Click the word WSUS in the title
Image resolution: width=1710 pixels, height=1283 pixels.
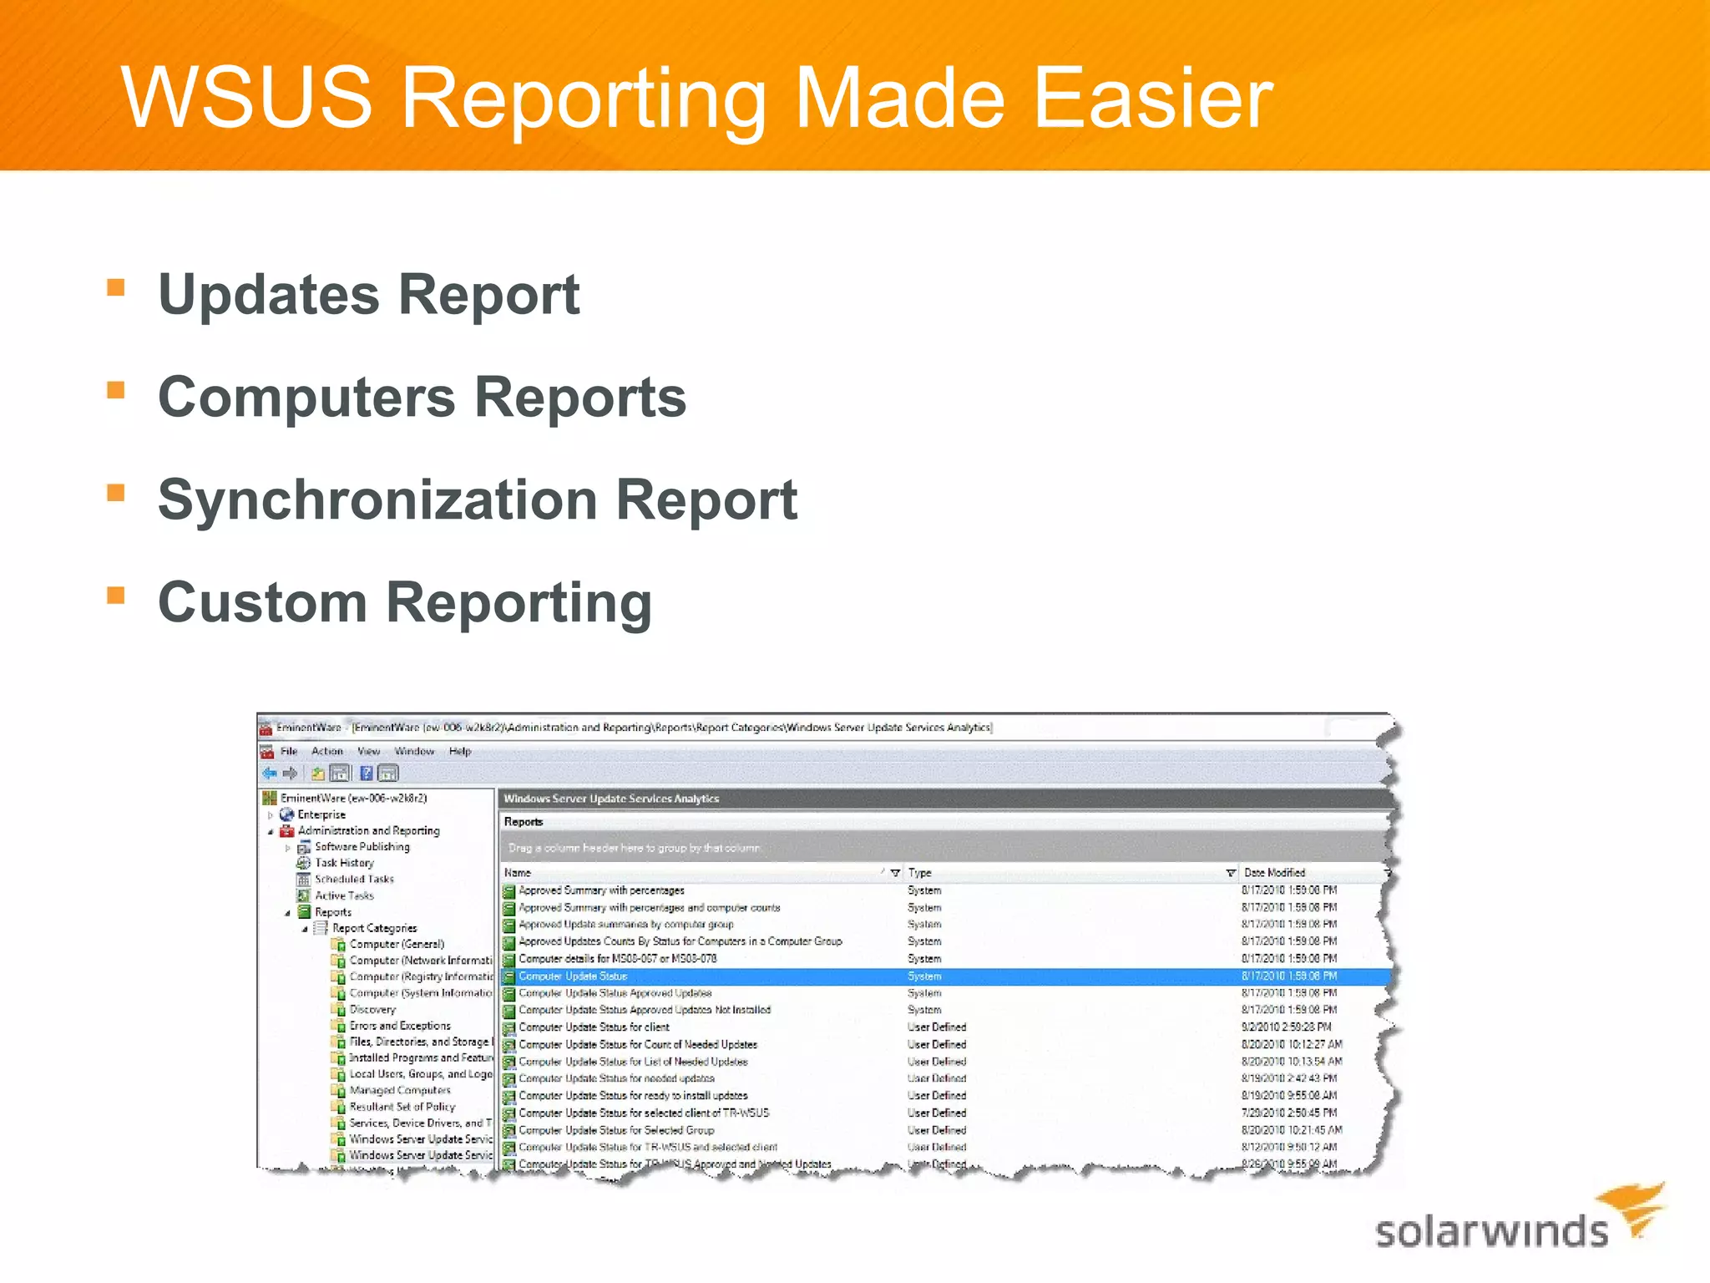coord(246,98)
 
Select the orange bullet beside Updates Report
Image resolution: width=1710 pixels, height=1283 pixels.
coord(116,288)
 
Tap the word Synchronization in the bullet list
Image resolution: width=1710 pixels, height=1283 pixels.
coord(377,500)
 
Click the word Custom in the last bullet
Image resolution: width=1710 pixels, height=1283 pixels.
coord(262,602)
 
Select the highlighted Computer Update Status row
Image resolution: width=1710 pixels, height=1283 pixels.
coord(573,976)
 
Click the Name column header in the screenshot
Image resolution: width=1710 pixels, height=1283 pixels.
coord(518,873)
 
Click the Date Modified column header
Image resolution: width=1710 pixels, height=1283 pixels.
coord(1274,873)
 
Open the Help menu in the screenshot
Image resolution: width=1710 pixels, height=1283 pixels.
coord(460,752)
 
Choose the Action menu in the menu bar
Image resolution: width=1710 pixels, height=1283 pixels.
coord(327,752)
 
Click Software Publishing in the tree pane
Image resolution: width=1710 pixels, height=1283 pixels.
coord(362,847)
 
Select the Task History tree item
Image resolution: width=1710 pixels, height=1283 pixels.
coord(344,863)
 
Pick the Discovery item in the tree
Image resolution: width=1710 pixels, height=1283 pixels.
coord(372,1010)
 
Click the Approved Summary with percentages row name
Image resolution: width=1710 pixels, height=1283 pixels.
coord(601,890)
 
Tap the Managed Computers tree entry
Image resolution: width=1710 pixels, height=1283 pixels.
coord(400,1091)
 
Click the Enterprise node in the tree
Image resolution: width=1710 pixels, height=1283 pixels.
coord(321,814)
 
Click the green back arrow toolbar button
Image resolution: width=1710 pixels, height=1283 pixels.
coord(270,773)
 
